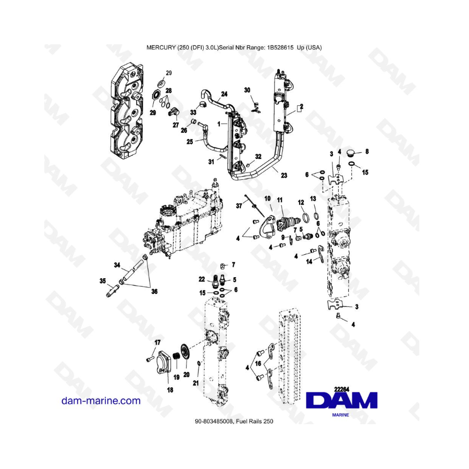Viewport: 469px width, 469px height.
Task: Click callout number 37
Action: point(239,206)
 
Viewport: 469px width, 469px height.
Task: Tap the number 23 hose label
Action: point(284,175)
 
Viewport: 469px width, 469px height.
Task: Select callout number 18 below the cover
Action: point(170,390)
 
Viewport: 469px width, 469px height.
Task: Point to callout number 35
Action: point(103,281)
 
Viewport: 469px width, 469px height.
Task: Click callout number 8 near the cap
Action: point(367,151)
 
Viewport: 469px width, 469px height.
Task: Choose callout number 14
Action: point(309,262)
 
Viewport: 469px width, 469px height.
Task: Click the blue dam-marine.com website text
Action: point(101,401)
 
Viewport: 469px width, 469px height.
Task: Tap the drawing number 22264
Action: point(342,389)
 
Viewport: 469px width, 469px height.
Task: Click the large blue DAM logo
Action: point(341,401)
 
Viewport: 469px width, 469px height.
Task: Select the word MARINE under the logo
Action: point(341,415)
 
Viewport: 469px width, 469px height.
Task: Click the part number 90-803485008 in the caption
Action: point(214,422)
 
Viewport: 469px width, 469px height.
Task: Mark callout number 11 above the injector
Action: point(280,200)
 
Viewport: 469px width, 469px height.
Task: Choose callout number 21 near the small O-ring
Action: point(195,383)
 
